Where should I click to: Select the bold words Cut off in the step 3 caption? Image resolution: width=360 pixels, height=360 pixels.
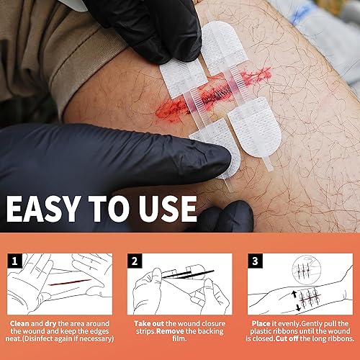tap(288, 338)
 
